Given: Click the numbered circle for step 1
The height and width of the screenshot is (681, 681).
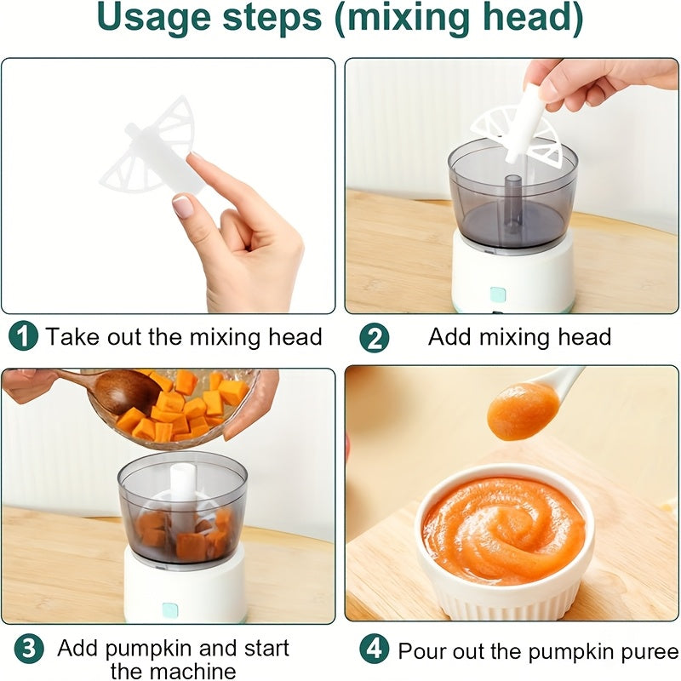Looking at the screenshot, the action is [x=24, y=335].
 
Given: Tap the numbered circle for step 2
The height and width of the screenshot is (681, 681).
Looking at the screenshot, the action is [x=374, y=338].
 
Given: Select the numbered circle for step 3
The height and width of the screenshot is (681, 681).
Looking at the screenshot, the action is [x=29, y=649].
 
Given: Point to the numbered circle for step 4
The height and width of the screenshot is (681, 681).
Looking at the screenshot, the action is [x=374, y=649].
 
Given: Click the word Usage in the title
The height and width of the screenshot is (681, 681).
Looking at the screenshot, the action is [x=154, y=18].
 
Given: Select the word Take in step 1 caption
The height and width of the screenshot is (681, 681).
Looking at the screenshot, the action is [x=73, y=336].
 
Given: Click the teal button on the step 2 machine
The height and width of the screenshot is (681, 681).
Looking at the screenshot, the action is [x=498, y=295].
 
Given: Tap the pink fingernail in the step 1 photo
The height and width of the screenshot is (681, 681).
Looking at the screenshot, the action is [x=182, y=205].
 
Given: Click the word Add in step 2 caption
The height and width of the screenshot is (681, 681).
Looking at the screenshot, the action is [x=449, y=336].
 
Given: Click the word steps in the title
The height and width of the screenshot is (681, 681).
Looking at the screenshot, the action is [x=272, y=18].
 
